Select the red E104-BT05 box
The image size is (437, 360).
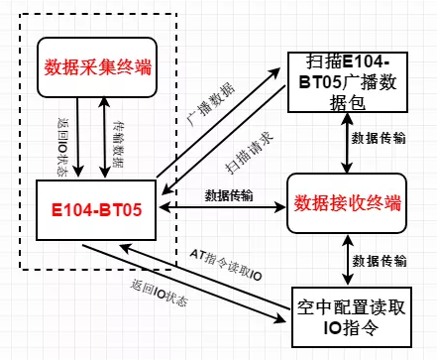pos(97,210)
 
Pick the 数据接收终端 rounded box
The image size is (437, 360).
pos(346,203)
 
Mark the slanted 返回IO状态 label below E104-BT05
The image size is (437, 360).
pos(164,293)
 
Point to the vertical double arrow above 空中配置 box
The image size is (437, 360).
pos(345,259)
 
